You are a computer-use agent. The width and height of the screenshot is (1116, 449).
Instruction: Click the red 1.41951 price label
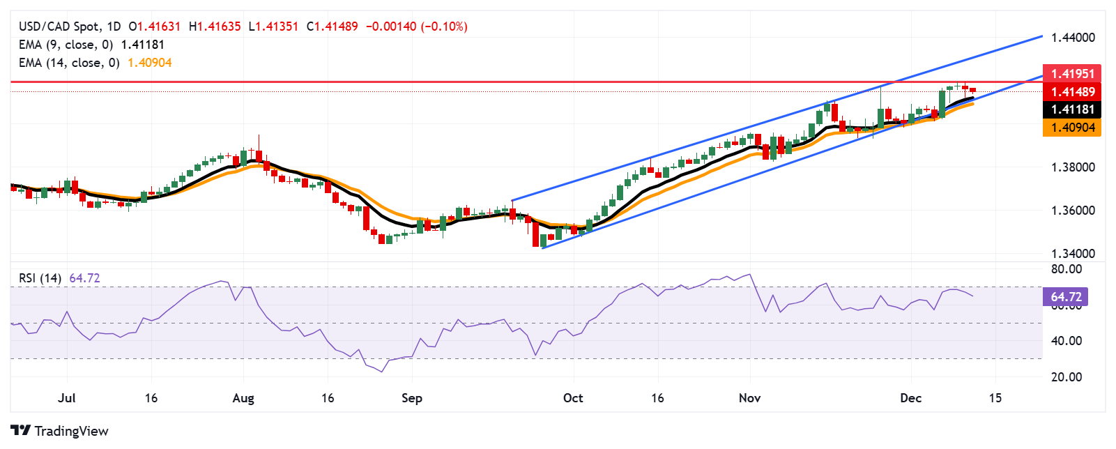(1072, 74)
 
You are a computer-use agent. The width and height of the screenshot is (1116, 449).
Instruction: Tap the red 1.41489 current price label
(1072, 92)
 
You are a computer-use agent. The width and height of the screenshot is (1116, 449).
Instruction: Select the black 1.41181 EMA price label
(1072, 109)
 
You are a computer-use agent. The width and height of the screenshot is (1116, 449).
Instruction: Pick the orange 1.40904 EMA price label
(1072, 128)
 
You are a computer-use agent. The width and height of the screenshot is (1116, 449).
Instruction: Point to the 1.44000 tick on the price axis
(1073, 38)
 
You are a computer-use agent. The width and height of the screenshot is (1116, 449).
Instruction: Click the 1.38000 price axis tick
(1073, 167)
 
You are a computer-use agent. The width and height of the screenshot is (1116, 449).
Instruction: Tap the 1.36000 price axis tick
(1073, 211)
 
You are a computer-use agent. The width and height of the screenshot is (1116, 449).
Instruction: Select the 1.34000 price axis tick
(1073, 254)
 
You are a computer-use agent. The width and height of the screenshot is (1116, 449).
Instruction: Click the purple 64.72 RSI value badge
(1065, 297)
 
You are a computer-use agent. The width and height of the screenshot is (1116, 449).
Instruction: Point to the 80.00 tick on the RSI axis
(1067, 269)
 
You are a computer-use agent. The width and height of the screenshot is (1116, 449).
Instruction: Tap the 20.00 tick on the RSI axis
(1067, 377)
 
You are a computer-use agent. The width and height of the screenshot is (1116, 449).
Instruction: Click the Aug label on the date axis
(243, 398)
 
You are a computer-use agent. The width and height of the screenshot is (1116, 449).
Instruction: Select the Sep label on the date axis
(412, 398)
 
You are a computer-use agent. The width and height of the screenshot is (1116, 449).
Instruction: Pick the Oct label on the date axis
(573, 398)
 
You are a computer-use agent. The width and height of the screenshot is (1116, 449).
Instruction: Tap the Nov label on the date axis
(749, 398)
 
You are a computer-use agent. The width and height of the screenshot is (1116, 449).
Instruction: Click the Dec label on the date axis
(910, 398)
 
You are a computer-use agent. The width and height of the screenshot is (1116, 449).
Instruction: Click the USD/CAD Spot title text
(59, 26)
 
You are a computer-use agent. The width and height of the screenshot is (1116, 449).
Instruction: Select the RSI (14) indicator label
(40, 278)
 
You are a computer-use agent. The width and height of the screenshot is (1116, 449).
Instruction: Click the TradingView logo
(60, 431)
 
